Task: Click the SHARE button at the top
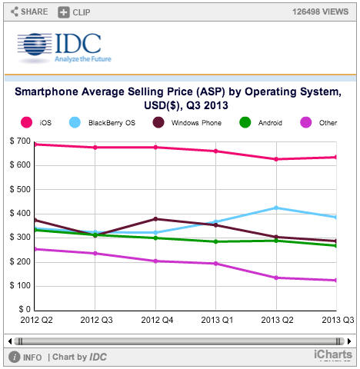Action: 29,12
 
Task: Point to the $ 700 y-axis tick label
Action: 20,141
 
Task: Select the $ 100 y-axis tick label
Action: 20,285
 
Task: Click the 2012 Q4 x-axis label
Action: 156,319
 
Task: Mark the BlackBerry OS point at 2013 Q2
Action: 275,208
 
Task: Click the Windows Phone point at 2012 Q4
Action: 156,219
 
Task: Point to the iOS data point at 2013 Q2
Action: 275,159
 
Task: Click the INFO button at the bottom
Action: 26,357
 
